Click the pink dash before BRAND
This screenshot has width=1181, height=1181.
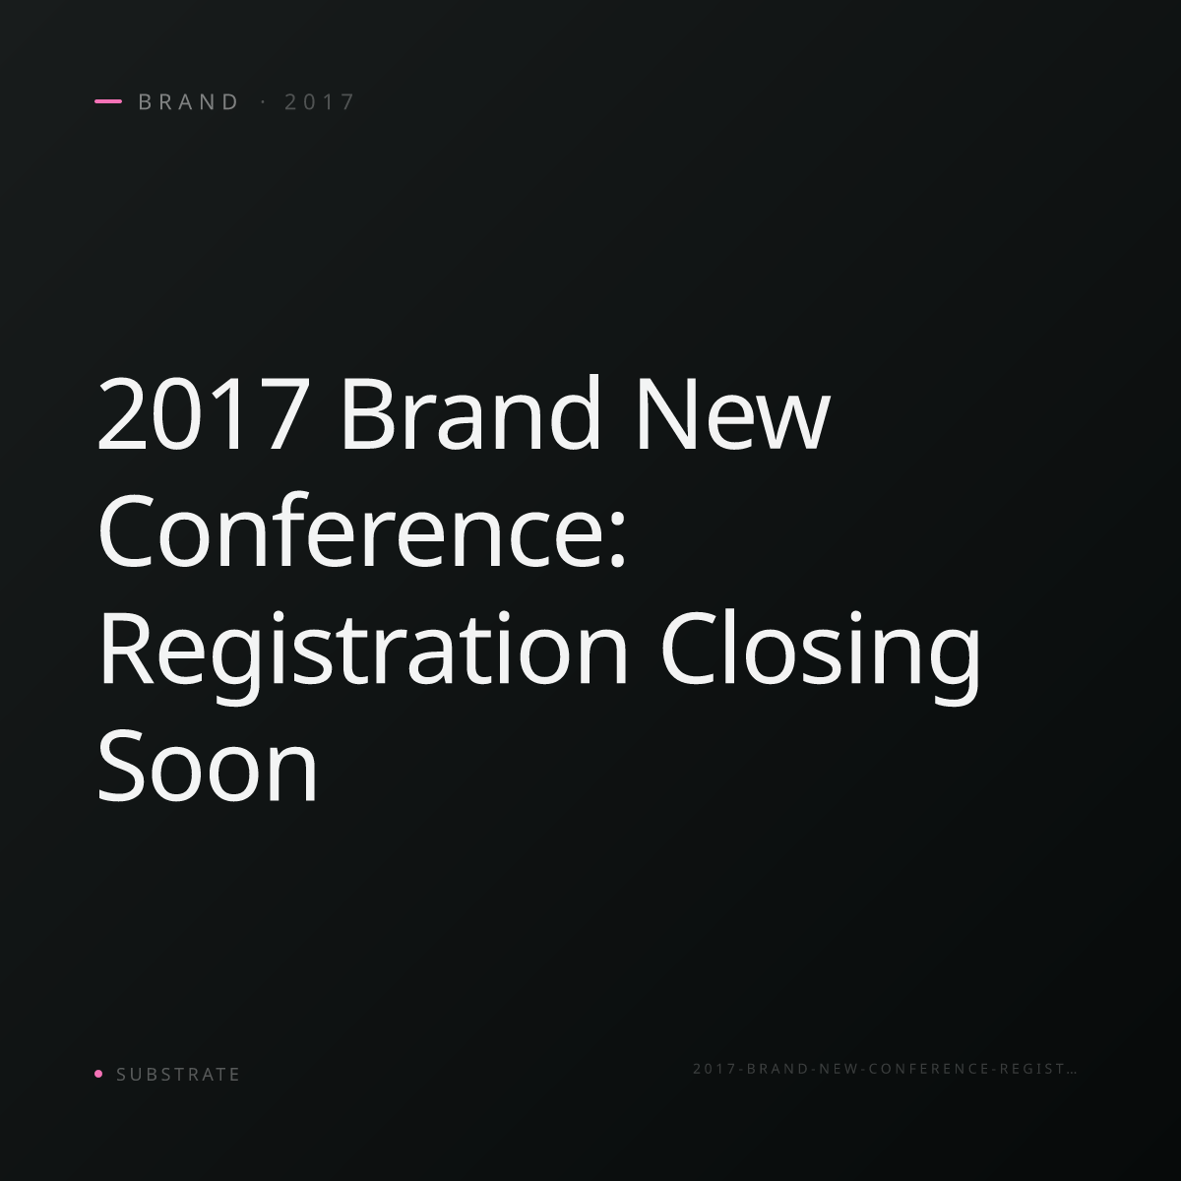point(108,101)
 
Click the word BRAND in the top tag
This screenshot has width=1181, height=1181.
point(188,101)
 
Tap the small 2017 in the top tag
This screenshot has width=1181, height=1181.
point(319,101)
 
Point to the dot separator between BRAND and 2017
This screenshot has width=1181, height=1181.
point(263,101)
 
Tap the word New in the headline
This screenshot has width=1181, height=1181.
point(733,413)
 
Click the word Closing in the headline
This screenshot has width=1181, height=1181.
point(821,655)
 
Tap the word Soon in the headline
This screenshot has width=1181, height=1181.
point(207,765)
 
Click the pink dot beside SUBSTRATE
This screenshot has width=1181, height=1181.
point(98,1073)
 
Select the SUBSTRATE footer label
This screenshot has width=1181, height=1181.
point(178,1074)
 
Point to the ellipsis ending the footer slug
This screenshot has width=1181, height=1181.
point(1072,1072)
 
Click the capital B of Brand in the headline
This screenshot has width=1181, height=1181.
point(366,413)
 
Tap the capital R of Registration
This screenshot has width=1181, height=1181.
point(126,649)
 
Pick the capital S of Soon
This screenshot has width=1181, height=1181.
point(122,765)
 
